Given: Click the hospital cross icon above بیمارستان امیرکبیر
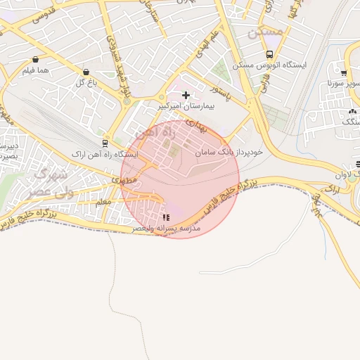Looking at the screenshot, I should tap(186, 95).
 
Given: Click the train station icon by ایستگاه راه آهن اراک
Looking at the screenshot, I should tap(105, 143).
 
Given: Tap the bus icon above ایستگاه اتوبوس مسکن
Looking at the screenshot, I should tap(269, 54).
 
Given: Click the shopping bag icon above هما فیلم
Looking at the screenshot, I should tap(35, 60).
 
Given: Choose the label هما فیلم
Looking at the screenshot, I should tap(34, 70).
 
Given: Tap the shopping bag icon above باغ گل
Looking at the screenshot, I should tap(86, 72).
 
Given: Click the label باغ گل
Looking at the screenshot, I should tap(86, 82).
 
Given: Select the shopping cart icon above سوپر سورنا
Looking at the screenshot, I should tap(343, 72).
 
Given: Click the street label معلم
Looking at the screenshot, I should tap(103, 201).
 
